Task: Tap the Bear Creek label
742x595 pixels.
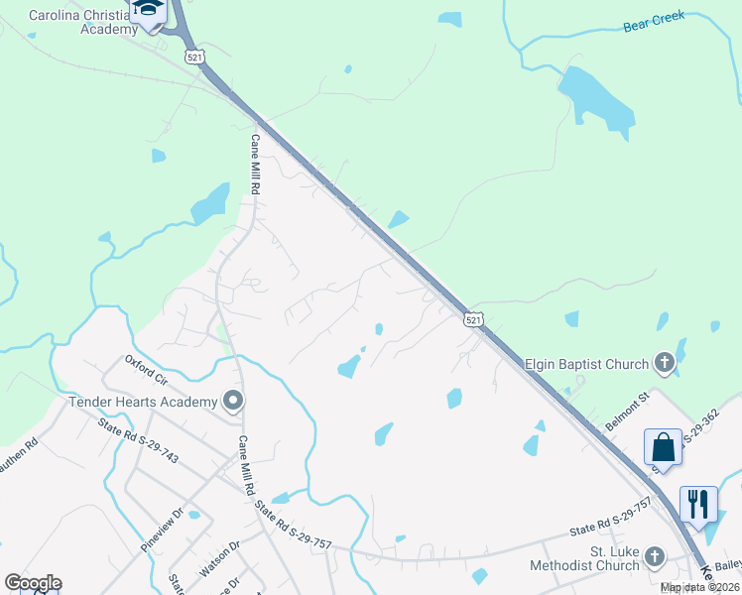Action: tap(654, 22)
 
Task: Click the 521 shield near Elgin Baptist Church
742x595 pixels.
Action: tap(473, 318)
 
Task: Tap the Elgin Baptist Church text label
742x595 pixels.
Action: tap(585, 365)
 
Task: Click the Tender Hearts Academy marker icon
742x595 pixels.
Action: tap(234, 402)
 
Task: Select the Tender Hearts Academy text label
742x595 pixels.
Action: tap(143, 402)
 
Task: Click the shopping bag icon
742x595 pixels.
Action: tap(663, 447)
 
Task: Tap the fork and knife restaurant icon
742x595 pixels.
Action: tap(698, 503)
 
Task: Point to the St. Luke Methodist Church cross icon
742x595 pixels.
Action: tap(655, 556)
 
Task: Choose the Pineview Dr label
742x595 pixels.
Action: tap(163, 530)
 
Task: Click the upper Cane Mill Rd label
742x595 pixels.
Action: tap(255, 164)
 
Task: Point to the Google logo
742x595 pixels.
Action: tap(33, 583)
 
